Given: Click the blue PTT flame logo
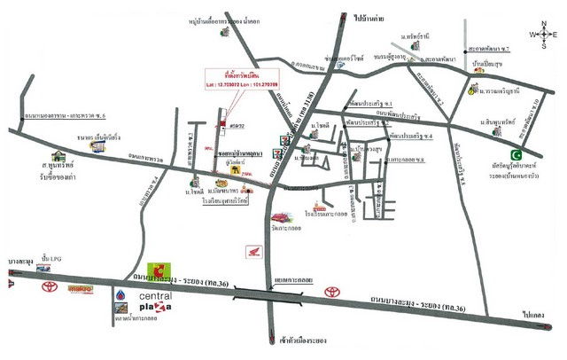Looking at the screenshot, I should pyautogui.click(x=118, y=296).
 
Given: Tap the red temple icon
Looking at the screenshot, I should pyautogui.click(x=283, y=216).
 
